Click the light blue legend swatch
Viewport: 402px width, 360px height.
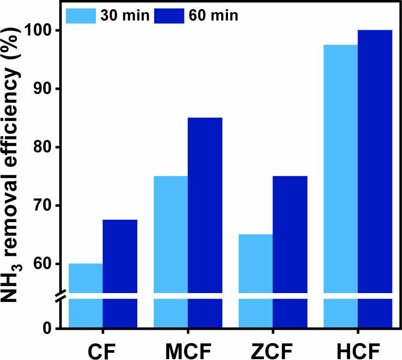(80, 16)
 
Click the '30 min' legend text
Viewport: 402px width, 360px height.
(125, 16)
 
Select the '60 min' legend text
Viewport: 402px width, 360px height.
(213, 16)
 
